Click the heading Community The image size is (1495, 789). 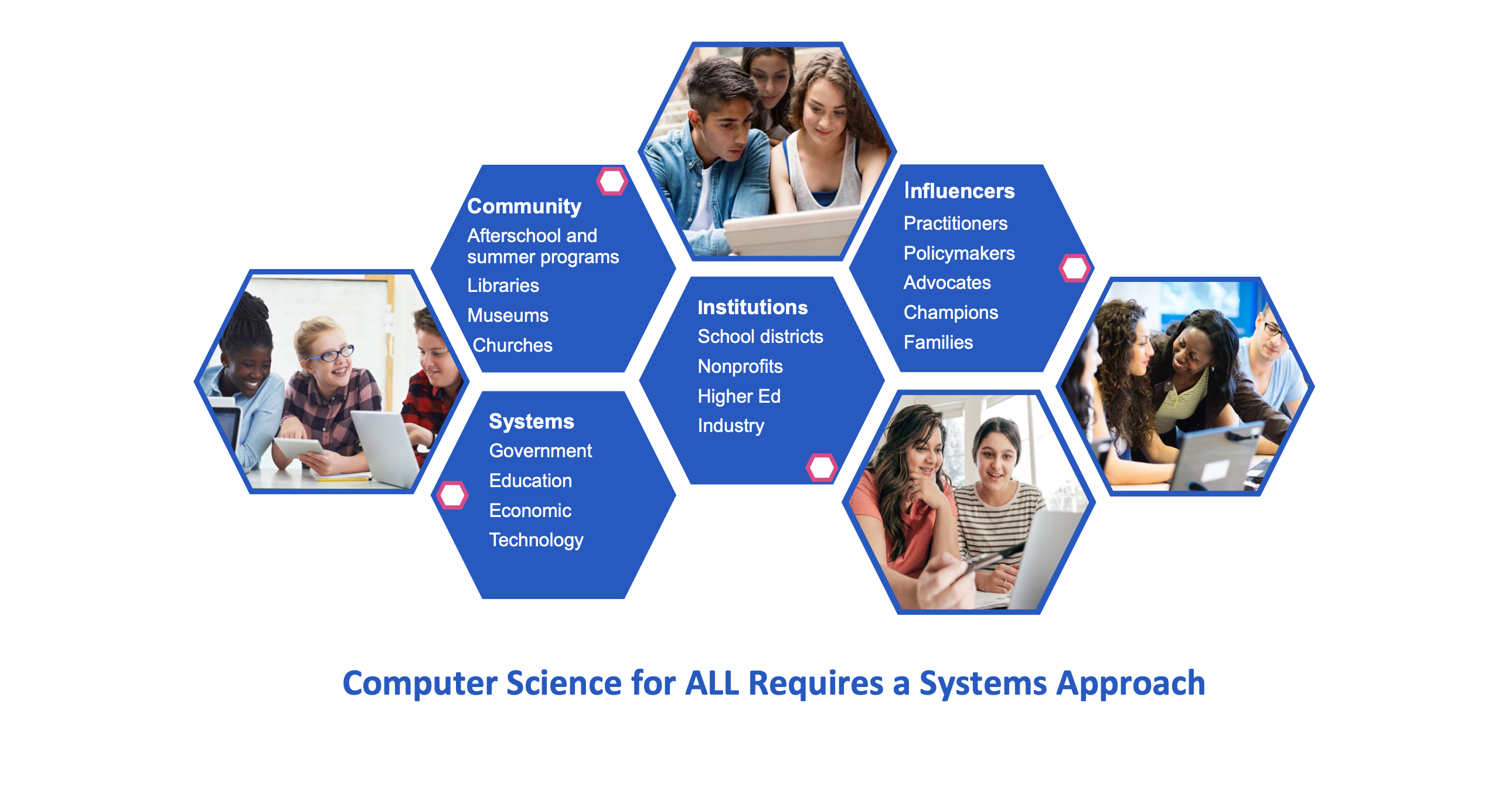click(x=524, y=206)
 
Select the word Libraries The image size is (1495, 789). click(x=503, y=285)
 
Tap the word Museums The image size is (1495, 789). click(x=508, y=315)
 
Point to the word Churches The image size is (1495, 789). click(x=512, y=345)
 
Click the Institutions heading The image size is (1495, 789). click(x=752, y=307)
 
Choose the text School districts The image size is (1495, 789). click(x=760, y=336)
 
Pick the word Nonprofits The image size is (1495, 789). click(x=740, y=366)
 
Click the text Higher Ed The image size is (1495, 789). click(x=739, y=396)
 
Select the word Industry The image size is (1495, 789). click(x=731, y=426)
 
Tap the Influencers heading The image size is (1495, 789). click(x=959, y=191)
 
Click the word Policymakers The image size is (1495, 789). click(x=959, y=253)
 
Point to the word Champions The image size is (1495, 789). click(x=951, y=313)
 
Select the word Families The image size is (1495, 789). click(x=938, y=342)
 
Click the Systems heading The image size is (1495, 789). click(x=531, y=421)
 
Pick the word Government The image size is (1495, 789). click(x=540, y=451)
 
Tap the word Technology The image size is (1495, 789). click(x=536, y=540)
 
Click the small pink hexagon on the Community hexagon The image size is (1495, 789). click(x=612, y=181)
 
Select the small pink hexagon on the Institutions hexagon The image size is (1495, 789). click(x=822, y=467)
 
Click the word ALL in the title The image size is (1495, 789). click(x=712, y=683)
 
